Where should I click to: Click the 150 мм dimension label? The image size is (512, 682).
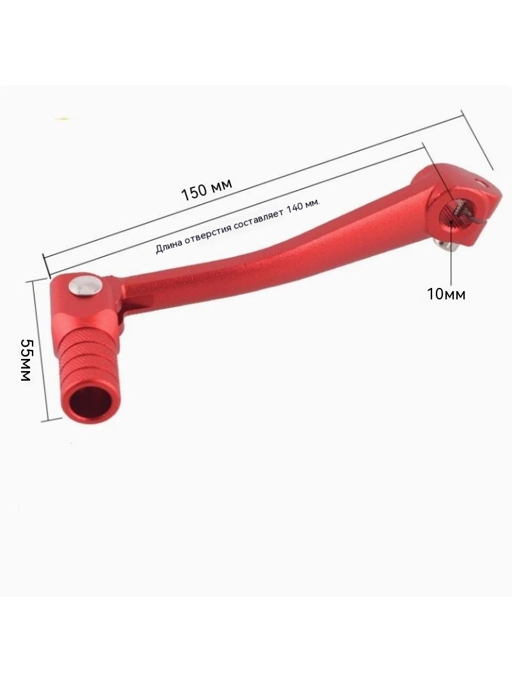coord(206,188)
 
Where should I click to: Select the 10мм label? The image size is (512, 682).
coord(446,294)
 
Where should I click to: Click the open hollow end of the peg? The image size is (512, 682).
coord(92,400)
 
